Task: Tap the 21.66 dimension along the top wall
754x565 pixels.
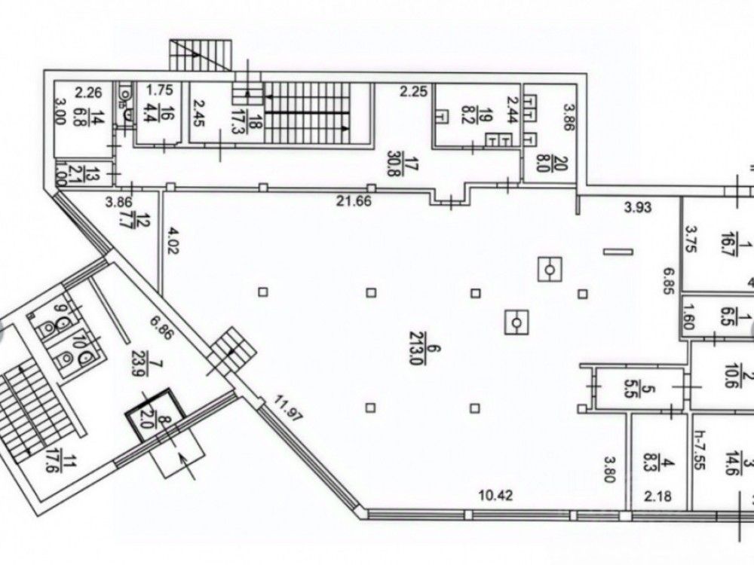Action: (x=354, y=200)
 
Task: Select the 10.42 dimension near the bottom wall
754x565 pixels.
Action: (x=497, y=496)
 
